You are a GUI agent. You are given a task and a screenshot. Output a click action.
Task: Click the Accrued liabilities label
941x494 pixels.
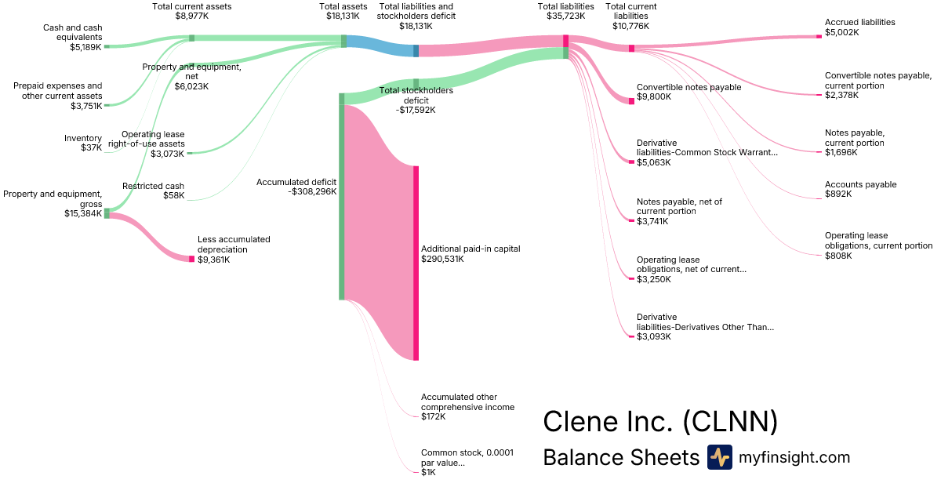pyautogui.click(x=859, y=23)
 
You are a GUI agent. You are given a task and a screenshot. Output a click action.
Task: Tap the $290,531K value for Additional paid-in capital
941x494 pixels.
pyautogui.click(x=442, y=259)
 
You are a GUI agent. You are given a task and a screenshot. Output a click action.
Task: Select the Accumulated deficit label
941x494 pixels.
pyautogui.click(x=296, y=181)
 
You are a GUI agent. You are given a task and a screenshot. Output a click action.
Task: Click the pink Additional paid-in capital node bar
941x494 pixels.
pyautogui.click(x=416, y=263)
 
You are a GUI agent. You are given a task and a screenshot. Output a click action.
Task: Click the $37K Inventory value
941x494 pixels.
pyautogui.click(x=91, y=147)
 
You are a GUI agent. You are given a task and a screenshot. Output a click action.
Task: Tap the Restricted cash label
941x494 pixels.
pyautogui.click(x=154, y=186)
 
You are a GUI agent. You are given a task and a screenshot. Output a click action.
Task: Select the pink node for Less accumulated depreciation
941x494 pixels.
pyautogui.click(x=191, y=259)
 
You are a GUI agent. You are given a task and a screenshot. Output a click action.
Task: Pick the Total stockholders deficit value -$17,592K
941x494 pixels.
pyautogui.click(x=416, y=111)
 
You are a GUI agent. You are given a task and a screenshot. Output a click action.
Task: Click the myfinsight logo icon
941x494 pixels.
pyautogui.click(x=719, y=457)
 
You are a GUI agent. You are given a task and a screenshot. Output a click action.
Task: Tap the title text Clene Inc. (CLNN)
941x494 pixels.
pyautogui.click(x=660, y=421)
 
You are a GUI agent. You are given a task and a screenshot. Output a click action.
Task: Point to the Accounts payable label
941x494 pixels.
pyautogui.click(x=860, y=185)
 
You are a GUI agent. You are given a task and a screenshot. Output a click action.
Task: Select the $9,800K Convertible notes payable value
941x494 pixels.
pyautogui.click(x=653, y=97)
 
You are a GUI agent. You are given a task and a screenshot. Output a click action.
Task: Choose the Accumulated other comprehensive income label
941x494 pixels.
pyautogui.click(x=467, y=401)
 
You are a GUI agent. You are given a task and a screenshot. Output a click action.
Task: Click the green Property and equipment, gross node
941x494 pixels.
pyautogui.click(x=107, y=213)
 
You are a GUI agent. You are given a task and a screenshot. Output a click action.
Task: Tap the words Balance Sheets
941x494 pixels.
pyautogui.click(x=620, y=457)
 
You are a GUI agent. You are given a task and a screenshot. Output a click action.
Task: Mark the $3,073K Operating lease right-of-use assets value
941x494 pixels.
pyautogui.click(x=168, y=154)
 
